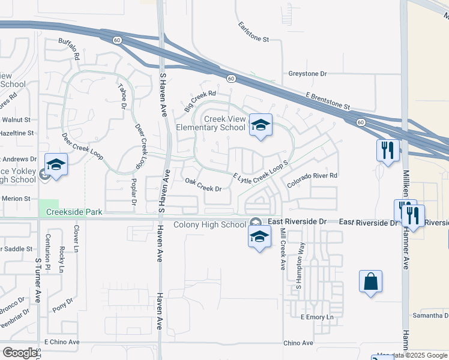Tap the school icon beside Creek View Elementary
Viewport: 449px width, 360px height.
(261, 125)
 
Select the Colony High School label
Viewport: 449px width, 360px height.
(209, 225)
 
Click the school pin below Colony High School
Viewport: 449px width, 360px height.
(259, 238)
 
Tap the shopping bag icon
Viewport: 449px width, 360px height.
(370, 281)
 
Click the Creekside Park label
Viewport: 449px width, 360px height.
(71, 212)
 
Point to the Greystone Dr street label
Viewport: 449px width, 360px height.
(307, 74)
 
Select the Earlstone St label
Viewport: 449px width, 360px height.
(253, 31)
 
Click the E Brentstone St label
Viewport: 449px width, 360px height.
(328, 101)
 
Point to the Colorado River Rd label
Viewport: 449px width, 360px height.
(312, 179)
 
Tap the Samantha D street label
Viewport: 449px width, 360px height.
(430, 315)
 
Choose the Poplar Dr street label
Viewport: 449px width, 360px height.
(131, 191)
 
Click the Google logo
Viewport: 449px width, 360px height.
(20, 353)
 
